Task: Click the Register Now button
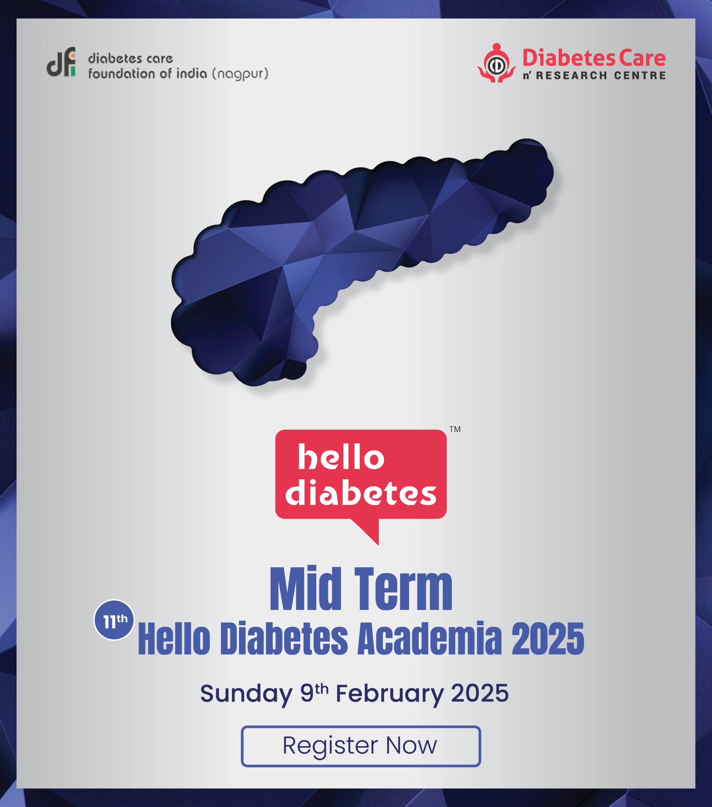(x=361, y=746)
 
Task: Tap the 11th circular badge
(x=114, y=620)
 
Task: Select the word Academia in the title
(x=429, y=638)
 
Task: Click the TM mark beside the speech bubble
(x=455, y=429)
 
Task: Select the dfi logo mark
(x=61, y=62)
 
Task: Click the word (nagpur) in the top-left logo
(x=240, y=74)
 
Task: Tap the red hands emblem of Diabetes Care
(x=497, y=63)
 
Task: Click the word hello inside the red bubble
(x=341, y=457)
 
